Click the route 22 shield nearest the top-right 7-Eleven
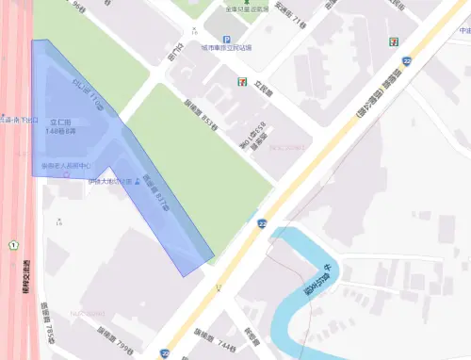pos(406,60)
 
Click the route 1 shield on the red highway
pos(13,245)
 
